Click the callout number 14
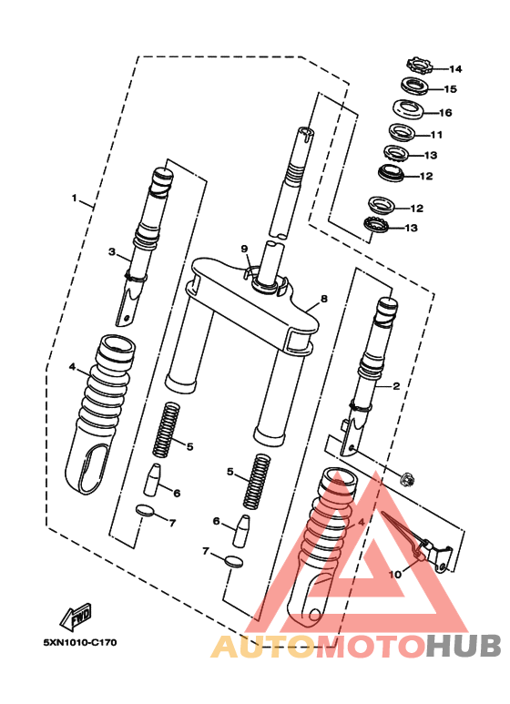click(454, 69)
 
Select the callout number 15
click(450, 89)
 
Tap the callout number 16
click(445, 113)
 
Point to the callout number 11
click(436, 134)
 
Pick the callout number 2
click(397, 386)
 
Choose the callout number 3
click(111, 252)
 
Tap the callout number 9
click(244, 249)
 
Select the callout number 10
click(395, 575)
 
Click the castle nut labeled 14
click(418, 66)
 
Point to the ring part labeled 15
click(417, 87)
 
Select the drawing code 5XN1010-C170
click(79, 642)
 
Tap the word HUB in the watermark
click(463, 647)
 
